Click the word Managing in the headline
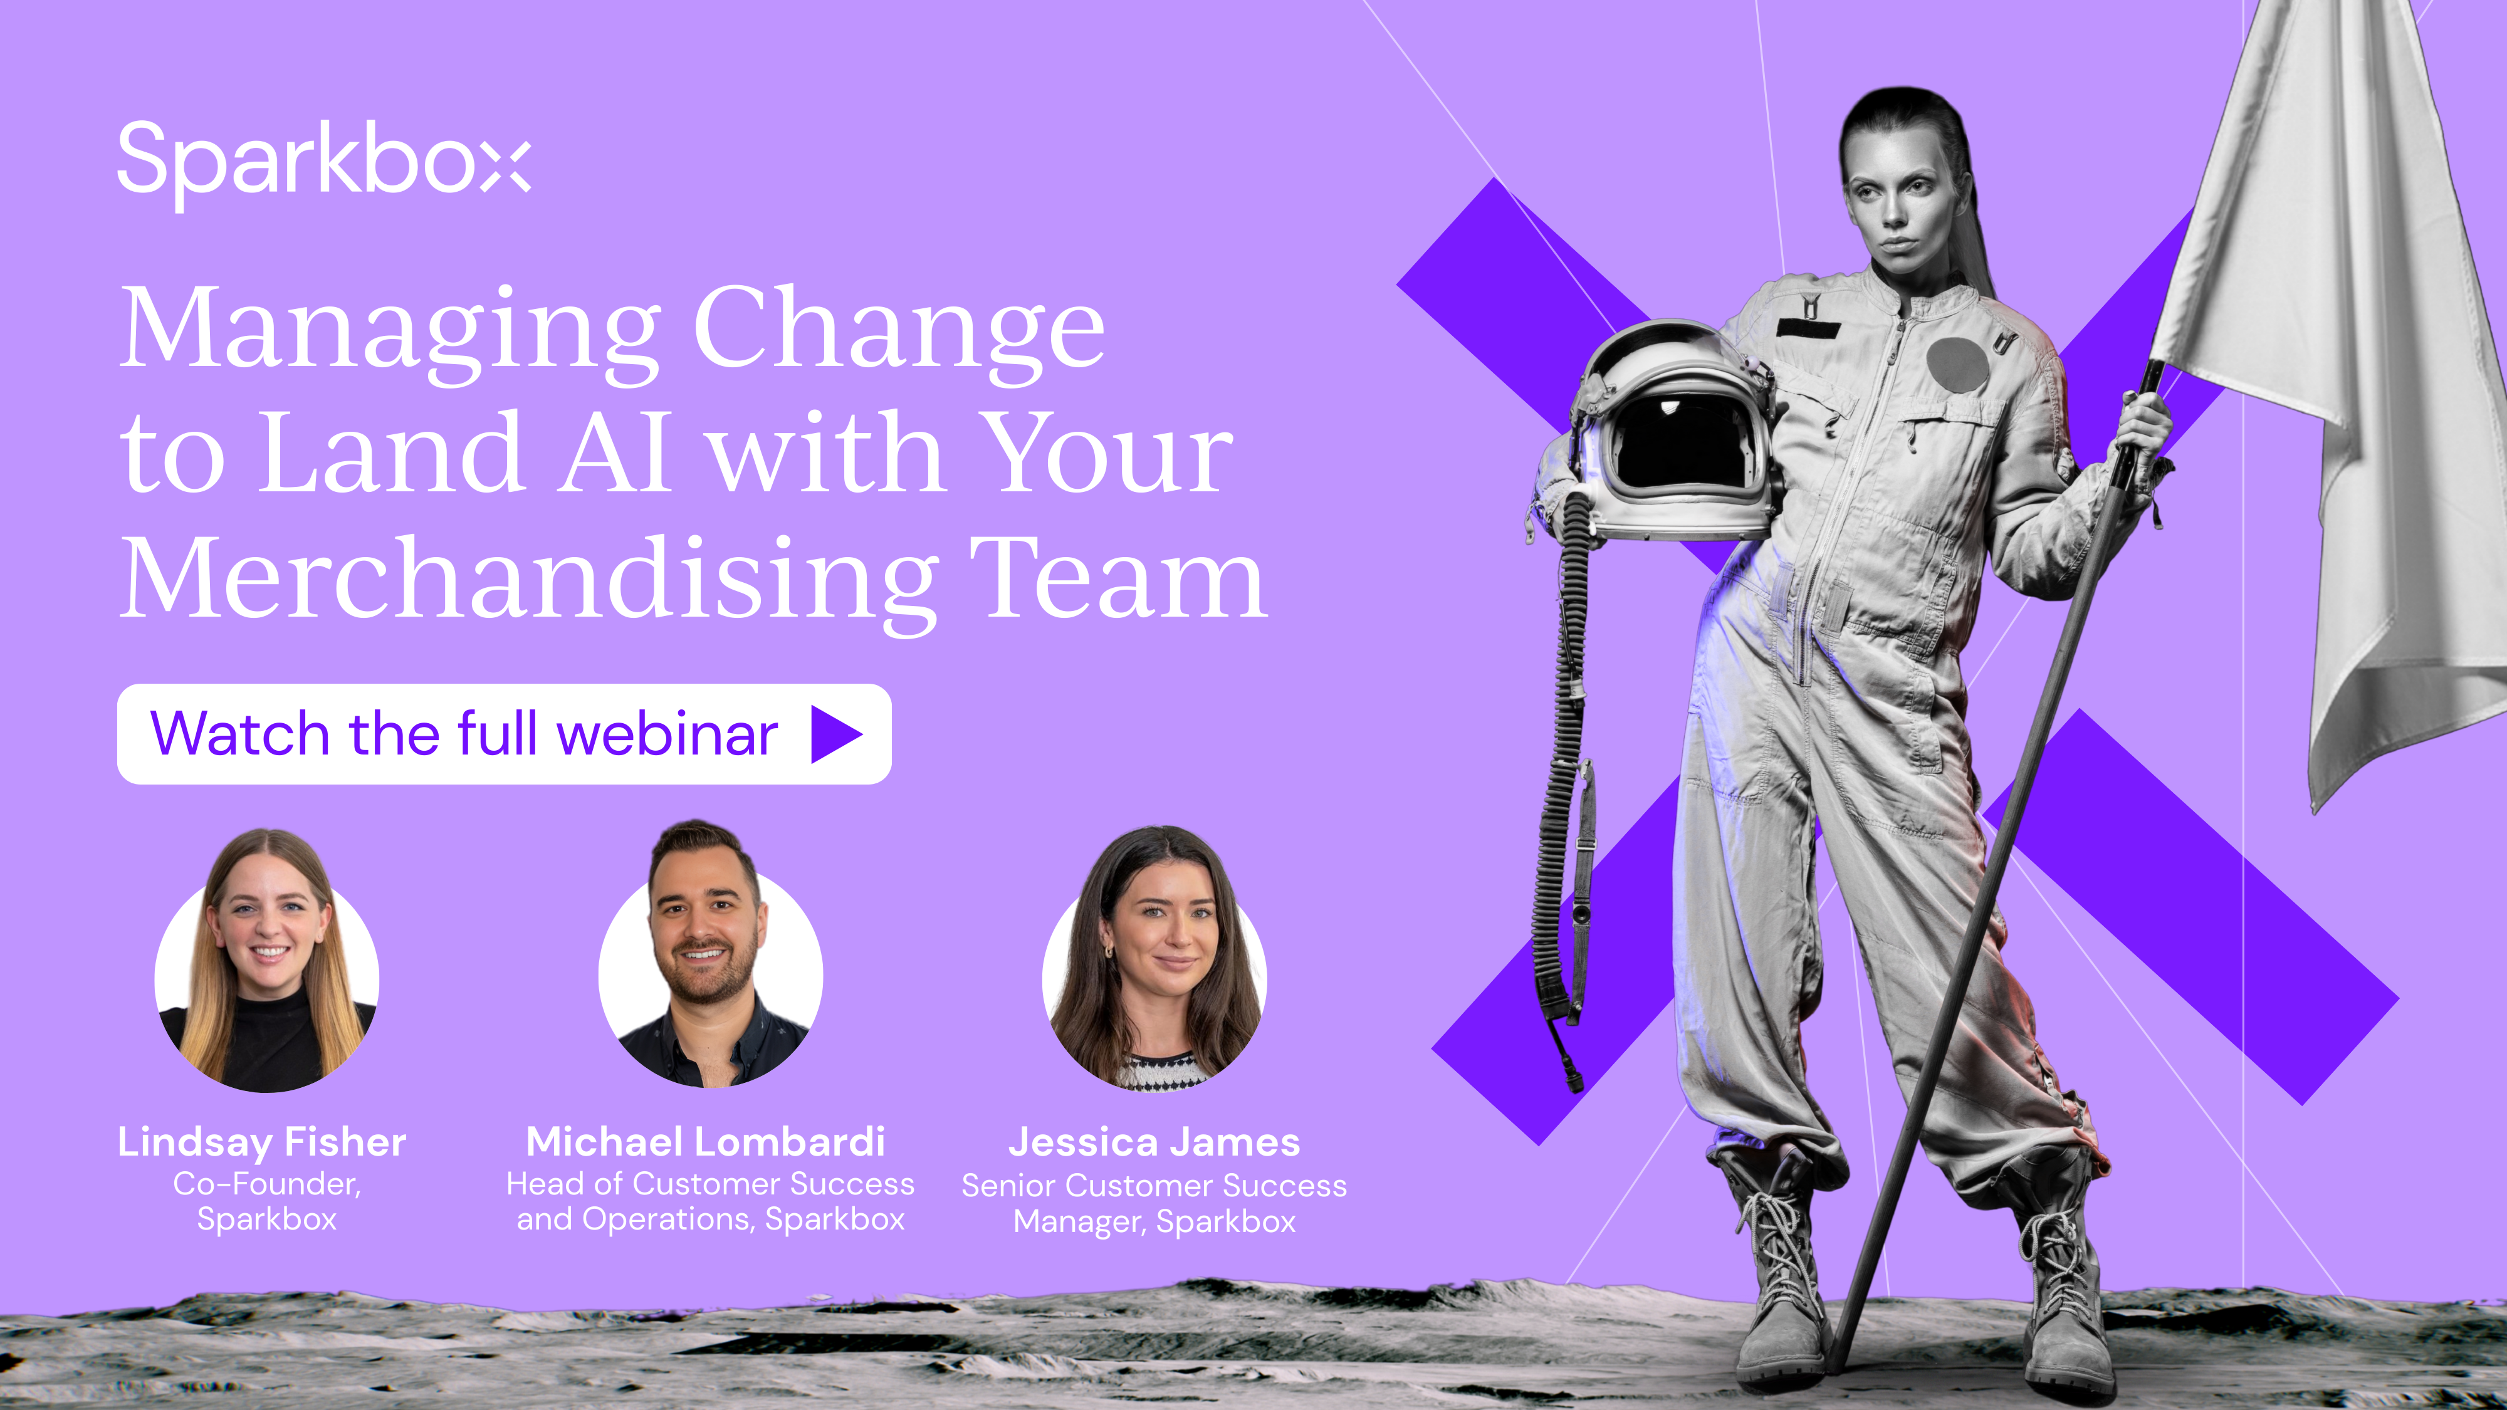tap(389, 331)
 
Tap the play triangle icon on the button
tap(835, 734)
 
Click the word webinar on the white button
tap(667, 734)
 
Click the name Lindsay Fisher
tap(262, 1141)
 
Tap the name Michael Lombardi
tap(706, 1141)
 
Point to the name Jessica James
tap(1154, 1141)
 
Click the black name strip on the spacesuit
tap(1808, 328)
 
